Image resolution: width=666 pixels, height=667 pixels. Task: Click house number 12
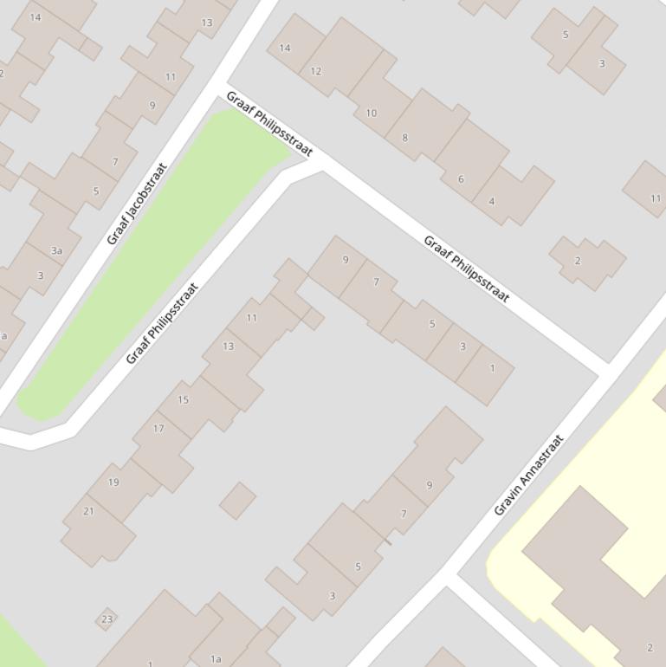(315, 71)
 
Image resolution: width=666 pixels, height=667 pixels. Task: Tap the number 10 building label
(371, 113)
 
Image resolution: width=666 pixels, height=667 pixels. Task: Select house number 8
(404, 137)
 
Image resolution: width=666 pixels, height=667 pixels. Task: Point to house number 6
(461, 179)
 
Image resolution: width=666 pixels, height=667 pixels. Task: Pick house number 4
(492, 201)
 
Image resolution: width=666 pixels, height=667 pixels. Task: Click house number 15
(183, 399)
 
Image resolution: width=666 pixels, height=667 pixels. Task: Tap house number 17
(158, 428)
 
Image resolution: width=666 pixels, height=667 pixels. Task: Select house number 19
(113, 482)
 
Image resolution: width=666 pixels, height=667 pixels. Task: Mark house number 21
(88, 511)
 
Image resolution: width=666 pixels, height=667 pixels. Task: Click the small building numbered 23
(107, 618)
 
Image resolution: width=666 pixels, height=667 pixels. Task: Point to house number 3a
(56, 250)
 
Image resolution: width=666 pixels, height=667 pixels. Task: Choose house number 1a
(216, 659)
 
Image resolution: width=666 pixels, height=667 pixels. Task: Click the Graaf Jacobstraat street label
(137, 204)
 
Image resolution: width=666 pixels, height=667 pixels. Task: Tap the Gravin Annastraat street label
(528, 475)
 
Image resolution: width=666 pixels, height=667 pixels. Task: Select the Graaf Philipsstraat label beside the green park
(162, 322)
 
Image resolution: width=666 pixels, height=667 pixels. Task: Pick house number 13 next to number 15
(228, 346)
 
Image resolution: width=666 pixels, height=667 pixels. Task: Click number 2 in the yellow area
(650, 647)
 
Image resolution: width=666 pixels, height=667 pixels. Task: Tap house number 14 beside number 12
(285, 48)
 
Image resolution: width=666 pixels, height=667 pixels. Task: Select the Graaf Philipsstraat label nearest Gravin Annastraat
(466, 269)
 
